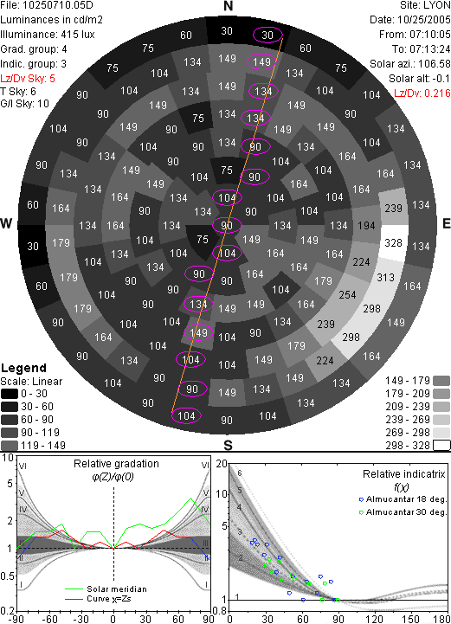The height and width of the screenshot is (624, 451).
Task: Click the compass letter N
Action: [228, 6]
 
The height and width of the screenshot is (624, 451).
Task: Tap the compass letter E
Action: [446, 223]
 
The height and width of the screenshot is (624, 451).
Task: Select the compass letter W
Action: [6, 223]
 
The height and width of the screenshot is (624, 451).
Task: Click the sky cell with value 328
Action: [394, 242]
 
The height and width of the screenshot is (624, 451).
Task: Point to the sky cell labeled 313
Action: [385, 277]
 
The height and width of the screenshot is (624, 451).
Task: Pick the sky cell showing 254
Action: [347, 295]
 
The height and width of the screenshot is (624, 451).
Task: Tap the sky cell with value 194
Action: [366, 226]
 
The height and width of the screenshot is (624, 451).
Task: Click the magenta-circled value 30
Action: [267, 35]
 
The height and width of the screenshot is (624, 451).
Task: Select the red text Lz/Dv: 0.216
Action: [422, 93]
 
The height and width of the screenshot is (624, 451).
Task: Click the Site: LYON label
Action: [425, 5]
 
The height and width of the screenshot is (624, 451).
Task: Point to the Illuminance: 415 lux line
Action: [48, 35]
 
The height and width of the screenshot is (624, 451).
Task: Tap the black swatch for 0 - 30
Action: [10, 394]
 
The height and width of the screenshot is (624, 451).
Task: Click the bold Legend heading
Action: [23, 368]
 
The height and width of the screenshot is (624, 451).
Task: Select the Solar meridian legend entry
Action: [106, 589]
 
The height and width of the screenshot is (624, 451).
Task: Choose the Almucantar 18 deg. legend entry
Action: [403, 499]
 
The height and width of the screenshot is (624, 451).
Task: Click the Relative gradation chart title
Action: [116, 464]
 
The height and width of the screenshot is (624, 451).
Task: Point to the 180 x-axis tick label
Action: [442, 619]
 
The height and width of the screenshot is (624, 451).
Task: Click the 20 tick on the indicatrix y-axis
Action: [222, 464]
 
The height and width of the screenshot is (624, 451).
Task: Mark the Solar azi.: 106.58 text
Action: [410, 64]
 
